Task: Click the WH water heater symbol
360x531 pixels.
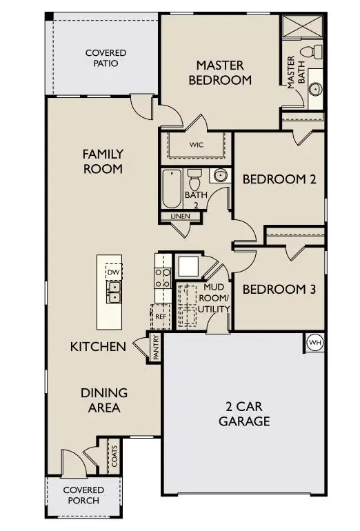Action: tap(314, 342)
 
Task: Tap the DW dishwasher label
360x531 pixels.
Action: tap(113, 273)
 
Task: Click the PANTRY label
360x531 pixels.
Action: tap(156, 347)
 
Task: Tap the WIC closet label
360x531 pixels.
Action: tap(196, 145)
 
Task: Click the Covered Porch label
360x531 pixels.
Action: tap(83, 495)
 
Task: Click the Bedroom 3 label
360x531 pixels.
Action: tap(279, 290)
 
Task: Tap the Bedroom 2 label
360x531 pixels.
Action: tap(279, 179)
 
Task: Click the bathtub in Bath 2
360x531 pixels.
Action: tap(170, 188)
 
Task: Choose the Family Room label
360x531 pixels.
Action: tap(103, 161)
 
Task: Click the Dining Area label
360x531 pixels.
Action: tap(104, 400)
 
